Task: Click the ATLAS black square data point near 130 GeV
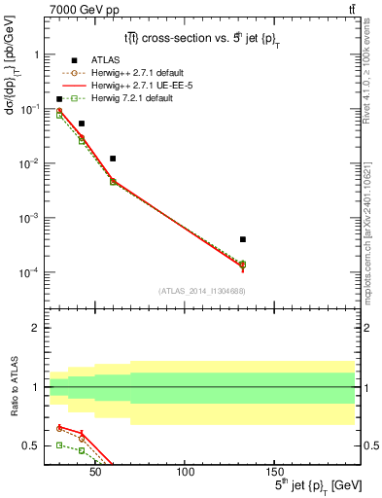point(243,239)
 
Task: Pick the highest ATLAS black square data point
point(59,99)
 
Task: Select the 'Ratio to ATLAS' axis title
point(12,387)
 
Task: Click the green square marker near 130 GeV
point(243,265)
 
